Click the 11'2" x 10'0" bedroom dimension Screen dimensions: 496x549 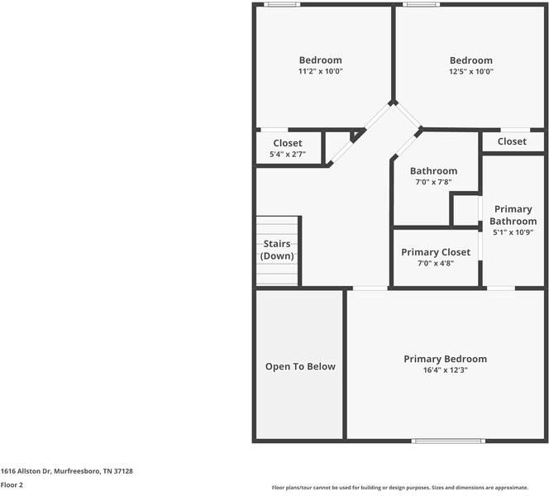[x=320, y=72]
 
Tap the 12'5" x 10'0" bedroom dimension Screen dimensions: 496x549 [x=470, y=72]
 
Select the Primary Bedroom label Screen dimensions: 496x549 [x=445, y=359]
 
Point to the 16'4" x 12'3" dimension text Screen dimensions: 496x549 [x=445, y=371]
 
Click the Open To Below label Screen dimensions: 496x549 [x=300, y=366]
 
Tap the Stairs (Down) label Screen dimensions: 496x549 [x=277, y=250]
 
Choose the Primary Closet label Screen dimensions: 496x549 [x=436, y=252]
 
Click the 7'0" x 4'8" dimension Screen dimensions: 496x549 [x=436, y=264]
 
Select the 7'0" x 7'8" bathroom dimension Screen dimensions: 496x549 [x=433, y=183]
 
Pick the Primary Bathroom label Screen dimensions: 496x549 [x=513, y=215]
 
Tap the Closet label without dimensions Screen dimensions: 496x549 [x=512, y=141]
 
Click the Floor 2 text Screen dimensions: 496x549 [x=12, y=485]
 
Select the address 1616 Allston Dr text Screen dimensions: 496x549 [x=66, y=470]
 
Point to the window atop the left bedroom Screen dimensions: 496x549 [x=281, y=5]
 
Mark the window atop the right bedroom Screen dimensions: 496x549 [x=422, y=5]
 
